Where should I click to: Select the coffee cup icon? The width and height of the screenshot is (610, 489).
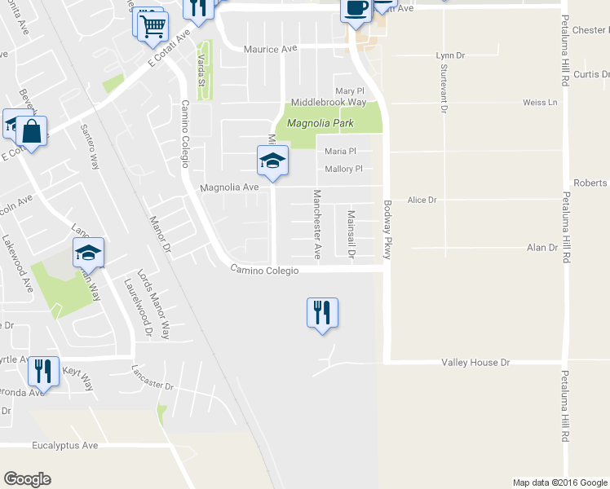pyautogui.click(x=356, y=8)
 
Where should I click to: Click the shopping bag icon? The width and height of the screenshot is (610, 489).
pyautogui.click(x=31, y=132)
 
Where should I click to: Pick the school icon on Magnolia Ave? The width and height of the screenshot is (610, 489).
pyautogui.click(x=273, y=161)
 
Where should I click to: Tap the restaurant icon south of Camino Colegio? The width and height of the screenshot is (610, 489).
pyautogui.click(x=322, y=312)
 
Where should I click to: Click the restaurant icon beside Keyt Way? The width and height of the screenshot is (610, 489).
pyautogui.click(x=43, y=372)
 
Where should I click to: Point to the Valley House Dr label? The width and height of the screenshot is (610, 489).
pyautogui.click(x=475, y=362)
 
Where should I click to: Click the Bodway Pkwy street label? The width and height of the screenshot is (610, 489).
pyautogui.click(x=388, y=231)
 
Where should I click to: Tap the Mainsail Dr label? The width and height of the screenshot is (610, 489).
pyautogui.click(x=351, y=234)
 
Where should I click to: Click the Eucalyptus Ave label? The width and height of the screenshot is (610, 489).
pyautogui.click(x=65, y=446)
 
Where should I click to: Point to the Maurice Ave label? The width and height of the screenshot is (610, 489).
pyautogui.click(x=271, y=49)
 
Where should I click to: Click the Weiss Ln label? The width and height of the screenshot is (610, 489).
pyautogui.click(x=540, y=103)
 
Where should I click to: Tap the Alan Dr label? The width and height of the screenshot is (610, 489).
pyautogui.click(x=541, y=248)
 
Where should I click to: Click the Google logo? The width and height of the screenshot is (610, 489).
pyautogui.click(x=27, y=479)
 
